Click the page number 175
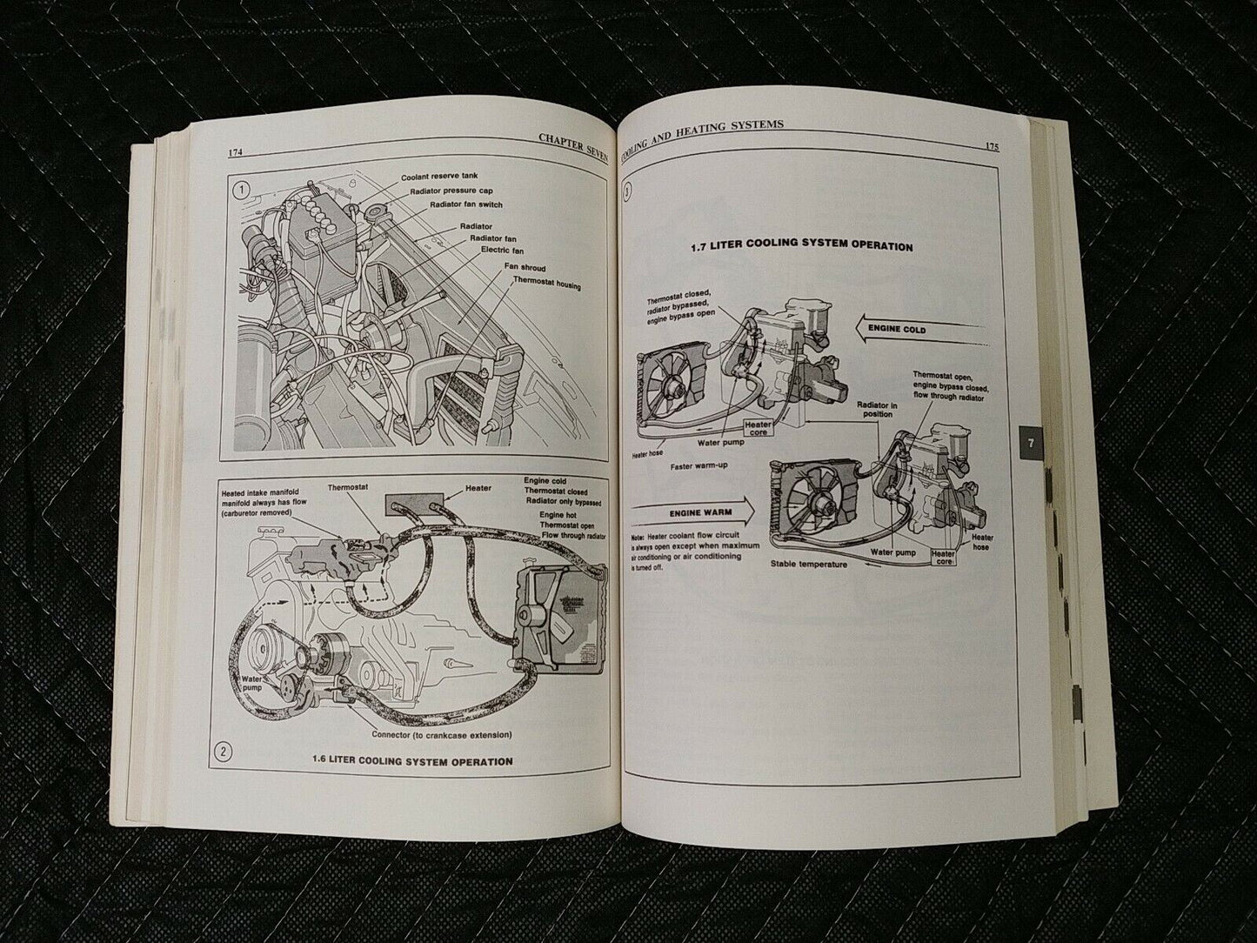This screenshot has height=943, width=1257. [x=992, y=147]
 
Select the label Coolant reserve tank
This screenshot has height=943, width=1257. [x=440, y=177]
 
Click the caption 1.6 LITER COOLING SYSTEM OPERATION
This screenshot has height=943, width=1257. [x=412, y=761]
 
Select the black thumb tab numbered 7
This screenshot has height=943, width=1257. [x=1030, y=443]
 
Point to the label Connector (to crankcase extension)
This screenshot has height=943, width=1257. [x=439, y=735]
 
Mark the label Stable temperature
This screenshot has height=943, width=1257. [x=809, y=564]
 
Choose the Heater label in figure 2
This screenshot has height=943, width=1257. [x=478, y=489]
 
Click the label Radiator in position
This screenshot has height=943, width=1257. [x=874, y=409]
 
